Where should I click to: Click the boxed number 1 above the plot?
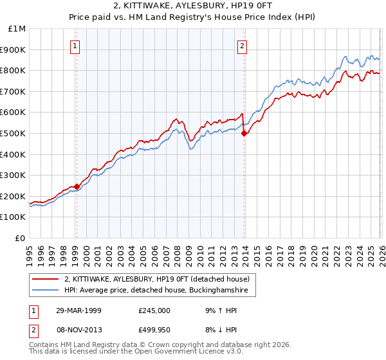pyautogui.click(x=76, y=46)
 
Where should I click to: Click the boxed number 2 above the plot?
pyautogui.click(x=243, y=46)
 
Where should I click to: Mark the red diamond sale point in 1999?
pyautogui.click(x=77, y=186)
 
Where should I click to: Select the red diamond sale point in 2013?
pyautogui.click(x=244, y=133)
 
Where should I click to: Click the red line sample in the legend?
pyautogui.click(x=46, y=278)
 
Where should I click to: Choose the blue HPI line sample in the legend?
pyautogui.click(x=46, y=290)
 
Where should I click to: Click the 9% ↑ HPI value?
pyautogui.click(x=219, y=310)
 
